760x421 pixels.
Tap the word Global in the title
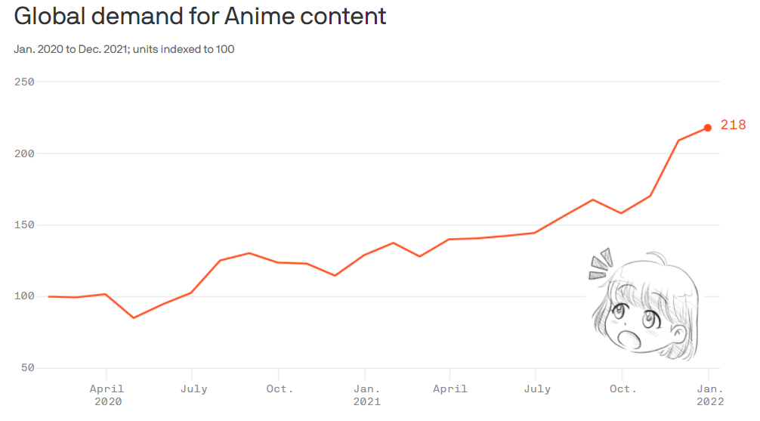[47, 17]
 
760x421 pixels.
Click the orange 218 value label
[733, 125]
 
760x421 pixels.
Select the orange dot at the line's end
[708, 128]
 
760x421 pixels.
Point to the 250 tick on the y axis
[25, 82]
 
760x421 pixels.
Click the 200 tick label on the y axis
[25, 153]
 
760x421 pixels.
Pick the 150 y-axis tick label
[25, 225]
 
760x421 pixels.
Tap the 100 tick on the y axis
[25, 296]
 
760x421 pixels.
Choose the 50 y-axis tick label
[28, 368]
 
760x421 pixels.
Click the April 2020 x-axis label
[107, 395]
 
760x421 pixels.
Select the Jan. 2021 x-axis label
[366, 395]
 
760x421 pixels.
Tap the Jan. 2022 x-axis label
[709, 395]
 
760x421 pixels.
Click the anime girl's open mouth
[626, 336]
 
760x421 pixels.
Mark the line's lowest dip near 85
[134, 317]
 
